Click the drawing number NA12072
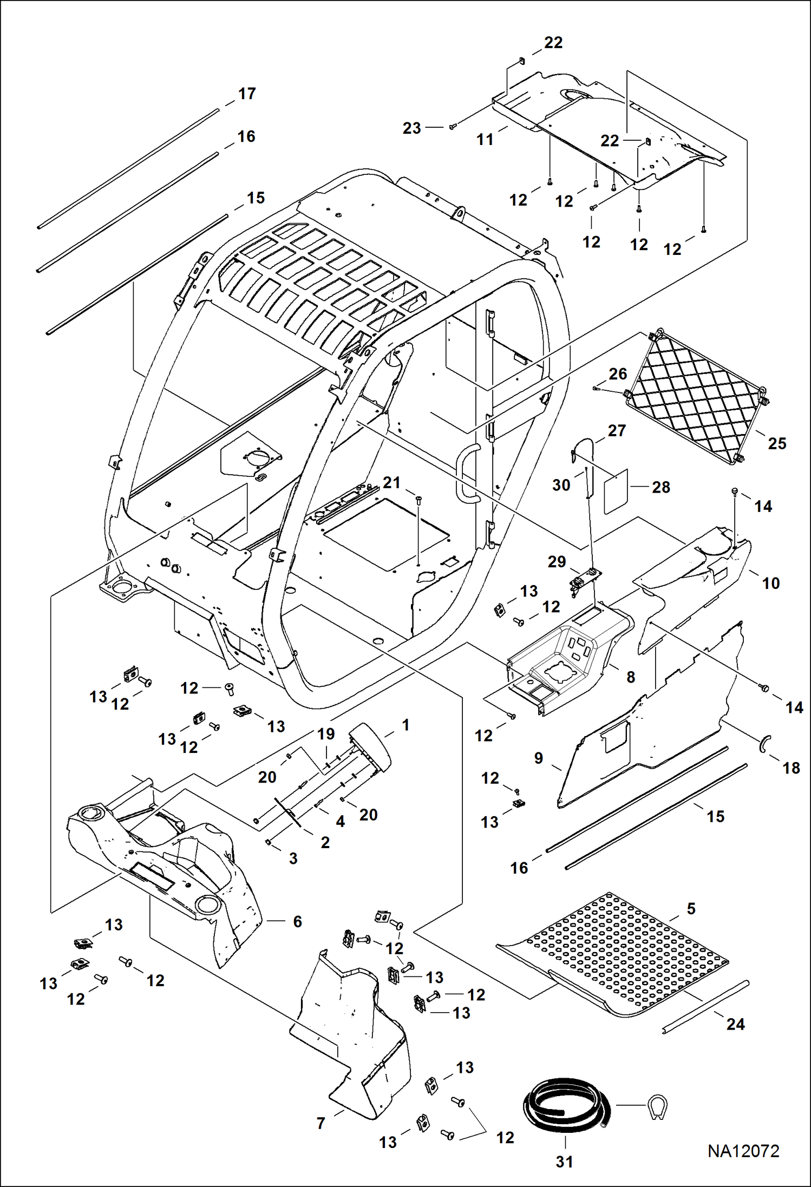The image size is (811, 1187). click(743, 1151)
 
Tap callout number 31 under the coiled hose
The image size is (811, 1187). click(564, 1162)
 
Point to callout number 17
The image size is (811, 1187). click(247, 94)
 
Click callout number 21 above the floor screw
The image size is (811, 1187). click(391, 482)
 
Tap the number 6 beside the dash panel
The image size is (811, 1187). click(297, 922)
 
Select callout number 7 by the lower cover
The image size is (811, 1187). click(321, 1124)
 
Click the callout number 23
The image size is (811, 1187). click(411, 128)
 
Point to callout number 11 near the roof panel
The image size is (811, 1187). click(485, 140)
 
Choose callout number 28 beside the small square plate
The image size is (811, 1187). click(660, 487)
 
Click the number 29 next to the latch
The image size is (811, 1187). click(557, 562)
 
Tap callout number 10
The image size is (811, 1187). click(770, 583)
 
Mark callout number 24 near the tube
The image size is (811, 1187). click(735, 1024)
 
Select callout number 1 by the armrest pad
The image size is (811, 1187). click(406, 725)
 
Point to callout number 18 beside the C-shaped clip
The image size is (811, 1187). click(791, 768)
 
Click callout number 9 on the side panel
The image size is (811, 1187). click(538, 758)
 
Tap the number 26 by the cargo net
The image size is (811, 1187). click(618, 374)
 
